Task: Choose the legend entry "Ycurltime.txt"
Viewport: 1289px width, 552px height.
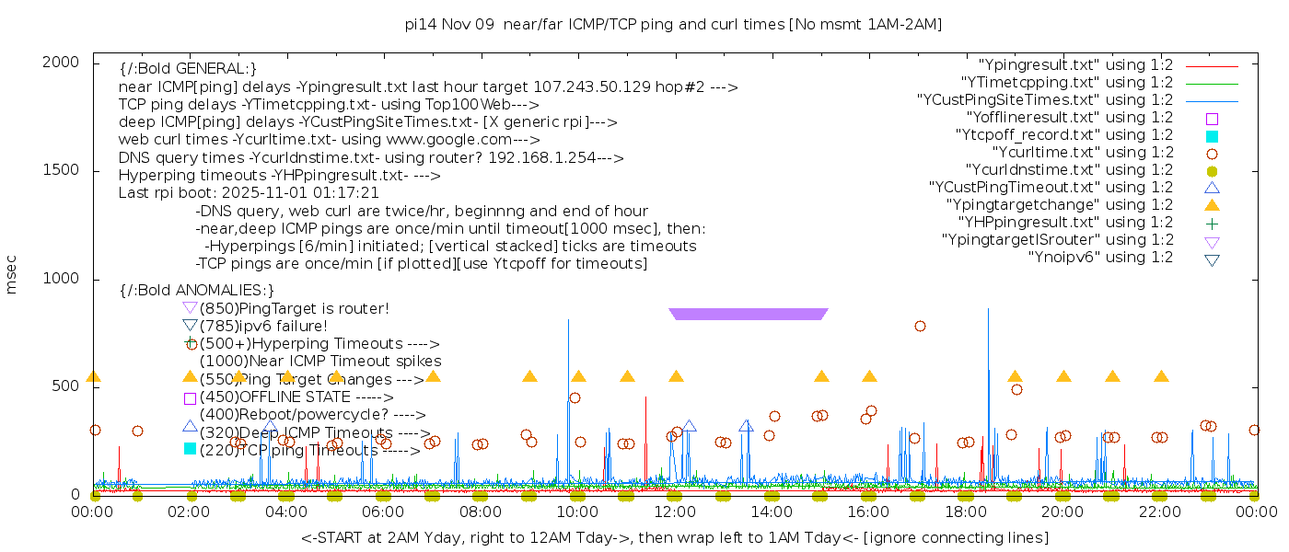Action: point(1082,153)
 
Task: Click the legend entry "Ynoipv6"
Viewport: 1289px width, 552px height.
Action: point(1100,258)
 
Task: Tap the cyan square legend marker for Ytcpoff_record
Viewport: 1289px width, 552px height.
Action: point(1212,136)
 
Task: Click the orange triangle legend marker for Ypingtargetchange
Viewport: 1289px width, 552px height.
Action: point(1212,205)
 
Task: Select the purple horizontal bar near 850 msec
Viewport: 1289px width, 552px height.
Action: point(749,314)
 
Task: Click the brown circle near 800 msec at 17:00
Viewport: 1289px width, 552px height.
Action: point(920,326)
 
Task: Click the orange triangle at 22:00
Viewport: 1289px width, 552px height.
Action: point(1161,376)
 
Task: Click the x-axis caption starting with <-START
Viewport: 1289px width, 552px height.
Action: point(674,537)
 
